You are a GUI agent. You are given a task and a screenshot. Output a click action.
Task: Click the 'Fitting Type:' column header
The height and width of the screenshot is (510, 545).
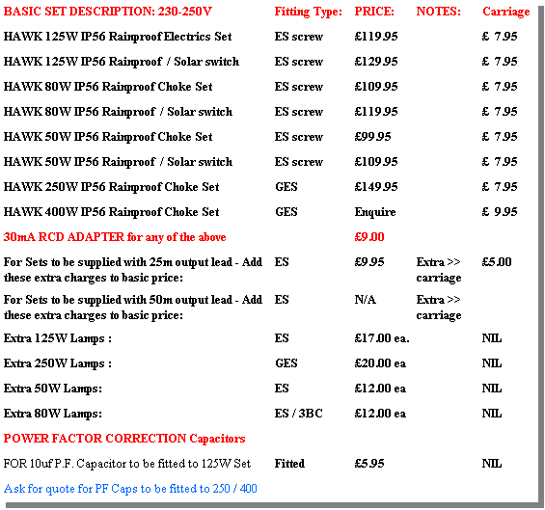pyautogui.click(x=309, y=13)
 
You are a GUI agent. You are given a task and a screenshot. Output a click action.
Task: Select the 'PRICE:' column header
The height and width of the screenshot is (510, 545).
pyautogui.click(x=374, y=12)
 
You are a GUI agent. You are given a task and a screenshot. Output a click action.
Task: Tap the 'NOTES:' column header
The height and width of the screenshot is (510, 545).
pyautogui.click(x=439, y=12)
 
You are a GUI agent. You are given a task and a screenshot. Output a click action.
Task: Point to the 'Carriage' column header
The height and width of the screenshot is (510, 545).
pyautogui.click(x=506, y=13)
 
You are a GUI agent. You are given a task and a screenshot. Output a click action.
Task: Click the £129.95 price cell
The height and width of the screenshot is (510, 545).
pyautogui.click(x=376, y=62)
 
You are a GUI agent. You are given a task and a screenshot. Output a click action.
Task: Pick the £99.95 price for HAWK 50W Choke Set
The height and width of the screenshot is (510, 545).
pyautogui.click(x=372, y=137)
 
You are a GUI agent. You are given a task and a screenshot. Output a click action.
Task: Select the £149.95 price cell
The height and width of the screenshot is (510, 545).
pyautogui.click(x=376, y=187)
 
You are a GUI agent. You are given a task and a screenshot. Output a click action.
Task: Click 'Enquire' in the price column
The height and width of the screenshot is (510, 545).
pyautogui.click(x=375, y=212)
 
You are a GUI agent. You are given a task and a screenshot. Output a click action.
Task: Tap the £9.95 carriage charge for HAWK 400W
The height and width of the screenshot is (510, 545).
pyautogui.click(x=500, y=211)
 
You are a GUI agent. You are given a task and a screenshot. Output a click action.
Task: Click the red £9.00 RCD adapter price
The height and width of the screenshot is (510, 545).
pyautogui.click(x=369, y=237)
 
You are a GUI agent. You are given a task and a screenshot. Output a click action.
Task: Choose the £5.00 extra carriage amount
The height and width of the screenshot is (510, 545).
pyautogui.click(x=497, y=261)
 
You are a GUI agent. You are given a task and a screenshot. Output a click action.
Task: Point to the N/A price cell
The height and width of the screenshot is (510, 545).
pyautogui.click(x=365, y=299)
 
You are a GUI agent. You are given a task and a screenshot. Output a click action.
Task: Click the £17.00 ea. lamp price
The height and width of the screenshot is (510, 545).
pyautogui.click(x=382, y=338)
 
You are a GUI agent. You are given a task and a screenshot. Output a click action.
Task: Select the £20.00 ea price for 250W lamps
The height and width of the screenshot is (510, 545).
pyautogui.click(x=380, y=363)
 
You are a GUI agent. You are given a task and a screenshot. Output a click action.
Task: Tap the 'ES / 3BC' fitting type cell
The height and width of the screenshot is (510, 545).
pyautogui.click(x=299, y=413)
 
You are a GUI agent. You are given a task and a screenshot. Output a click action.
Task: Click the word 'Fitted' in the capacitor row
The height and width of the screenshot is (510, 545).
pyautogui.click(x=289, y=463)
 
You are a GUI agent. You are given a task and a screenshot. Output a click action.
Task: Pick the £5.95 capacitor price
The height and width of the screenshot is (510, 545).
pyautogui.click(x=369, y=463)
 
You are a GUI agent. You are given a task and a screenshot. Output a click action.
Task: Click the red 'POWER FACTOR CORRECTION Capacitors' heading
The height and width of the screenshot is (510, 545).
pyautogui.click(x=124, y=439)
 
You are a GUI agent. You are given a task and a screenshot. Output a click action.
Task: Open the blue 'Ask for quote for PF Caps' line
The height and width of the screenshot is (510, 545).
pyautogui.click(x=130, y=489)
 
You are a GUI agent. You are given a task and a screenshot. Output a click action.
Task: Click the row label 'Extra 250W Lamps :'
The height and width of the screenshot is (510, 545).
pyautogui.click(x=58, y=363)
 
